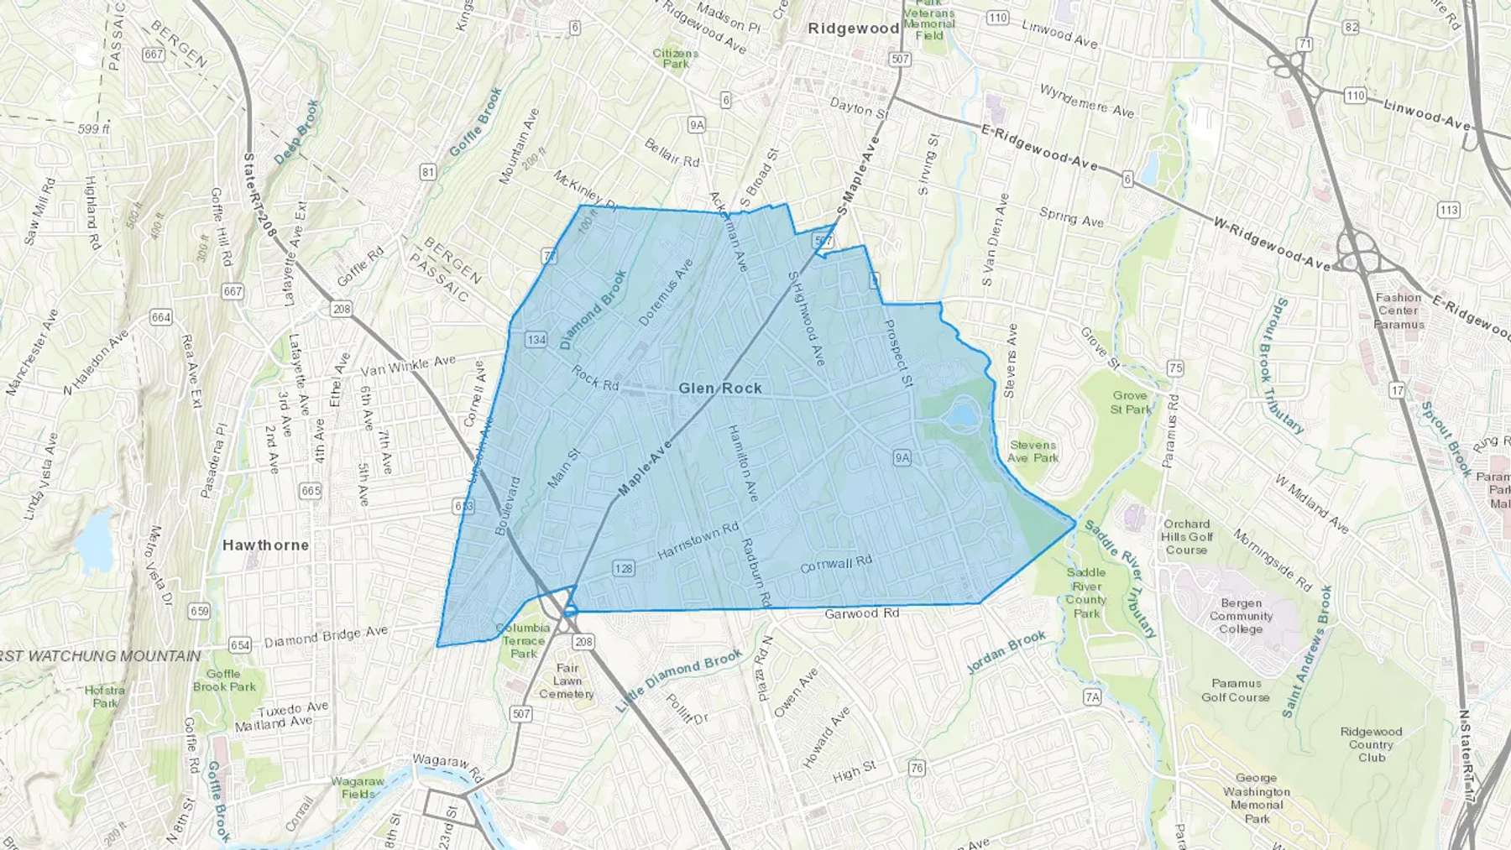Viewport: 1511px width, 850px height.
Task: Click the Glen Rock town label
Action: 720,388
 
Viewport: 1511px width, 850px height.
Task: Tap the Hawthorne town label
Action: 265,545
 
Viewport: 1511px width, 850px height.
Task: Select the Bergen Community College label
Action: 1241,616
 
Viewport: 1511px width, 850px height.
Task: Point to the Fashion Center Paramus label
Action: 1399,311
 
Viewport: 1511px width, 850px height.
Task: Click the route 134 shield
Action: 536,340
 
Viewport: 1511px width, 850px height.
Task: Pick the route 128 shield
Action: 624,569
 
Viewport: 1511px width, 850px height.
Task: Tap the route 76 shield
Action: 917,768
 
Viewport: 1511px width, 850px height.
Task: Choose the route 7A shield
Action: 1091,696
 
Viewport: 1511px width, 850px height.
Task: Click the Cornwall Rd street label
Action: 836,565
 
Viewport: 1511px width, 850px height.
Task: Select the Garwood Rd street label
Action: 861,614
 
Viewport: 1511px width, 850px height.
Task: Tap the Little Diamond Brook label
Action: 679,681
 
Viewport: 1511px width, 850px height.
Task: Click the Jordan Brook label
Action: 1006,652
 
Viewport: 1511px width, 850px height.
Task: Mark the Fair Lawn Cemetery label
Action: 567,681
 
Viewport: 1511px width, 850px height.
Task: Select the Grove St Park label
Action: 1131,403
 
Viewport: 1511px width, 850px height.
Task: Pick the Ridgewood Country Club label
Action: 1371,744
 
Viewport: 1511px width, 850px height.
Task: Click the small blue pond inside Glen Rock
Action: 963,415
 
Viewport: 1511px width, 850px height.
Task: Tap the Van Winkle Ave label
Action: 408,366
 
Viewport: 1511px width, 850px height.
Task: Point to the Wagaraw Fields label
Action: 358,787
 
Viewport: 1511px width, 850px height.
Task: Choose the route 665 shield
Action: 311,491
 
